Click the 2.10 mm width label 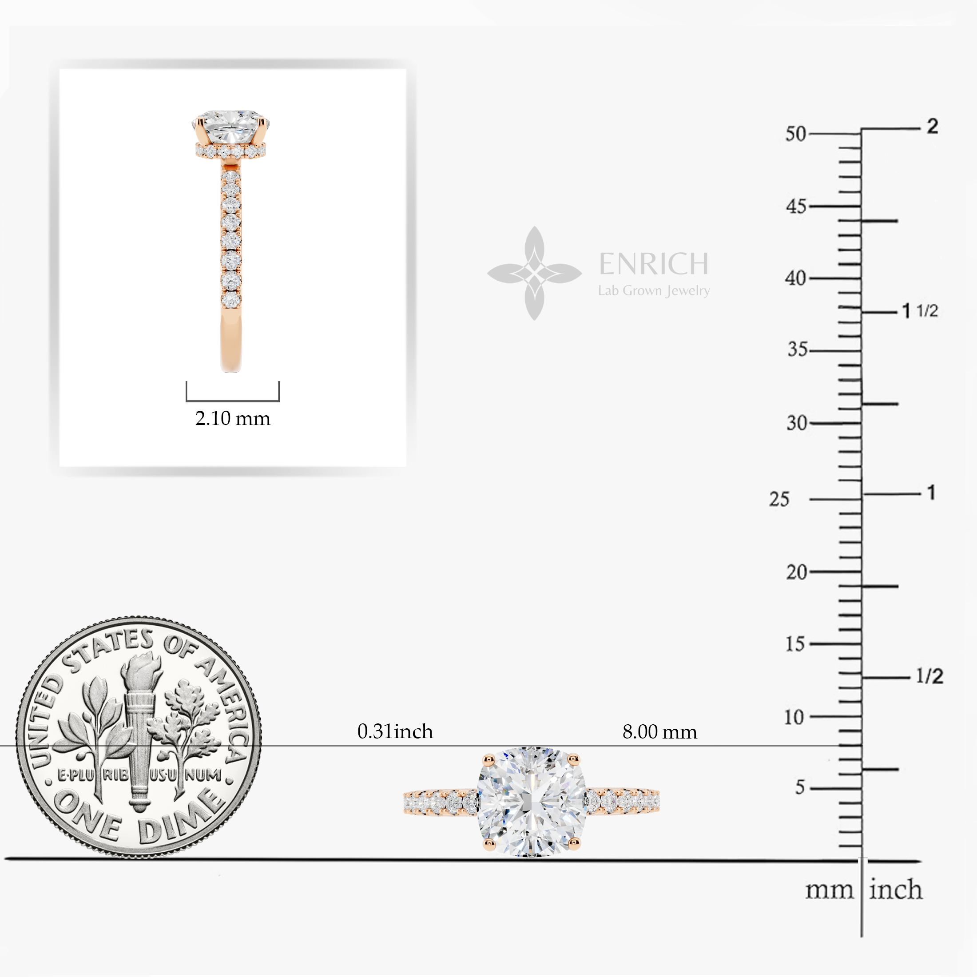233,418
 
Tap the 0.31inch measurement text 395,731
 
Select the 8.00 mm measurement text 659,732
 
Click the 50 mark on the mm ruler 795,134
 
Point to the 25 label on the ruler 779,499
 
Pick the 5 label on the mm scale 799,787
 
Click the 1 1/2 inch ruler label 920,310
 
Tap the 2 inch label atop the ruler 933,126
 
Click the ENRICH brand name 653,263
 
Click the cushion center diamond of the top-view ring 532,802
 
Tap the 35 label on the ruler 798,349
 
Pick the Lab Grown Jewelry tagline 654,291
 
